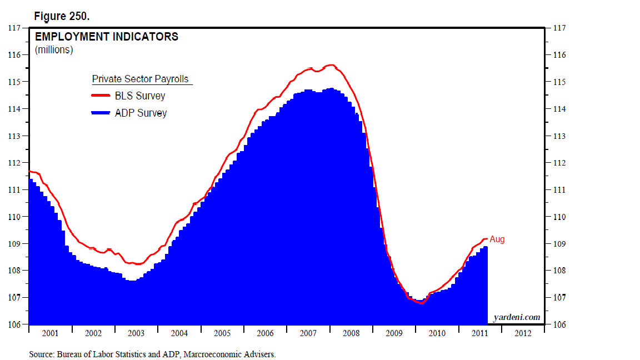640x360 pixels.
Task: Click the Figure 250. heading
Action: click(x=62, y=16)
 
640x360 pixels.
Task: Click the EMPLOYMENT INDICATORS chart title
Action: click(x=107, y=37)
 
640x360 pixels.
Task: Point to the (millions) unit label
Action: click(x=54, y=50)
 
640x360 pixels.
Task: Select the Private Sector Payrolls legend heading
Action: click(x=142, y=79)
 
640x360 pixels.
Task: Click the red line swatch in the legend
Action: click(x=102, y=96)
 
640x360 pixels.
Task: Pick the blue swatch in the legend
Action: click(x=102, y=113)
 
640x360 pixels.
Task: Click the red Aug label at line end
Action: click(x=497, y=239)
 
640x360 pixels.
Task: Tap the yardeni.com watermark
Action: click(x=517, y=317)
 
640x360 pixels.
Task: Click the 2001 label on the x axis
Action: click(x=50, y=333)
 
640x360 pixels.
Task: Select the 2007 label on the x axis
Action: click(x=308, y=333)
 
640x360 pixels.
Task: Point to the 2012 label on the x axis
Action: click(x=523, y=333)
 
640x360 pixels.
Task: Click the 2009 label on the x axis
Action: click(x=394, y=333)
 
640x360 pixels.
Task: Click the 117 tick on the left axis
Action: click(x=14, y=28)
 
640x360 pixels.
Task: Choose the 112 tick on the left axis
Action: click(x=14, y=163)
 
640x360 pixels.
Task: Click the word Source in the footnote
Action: click(x=41, y=353)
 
